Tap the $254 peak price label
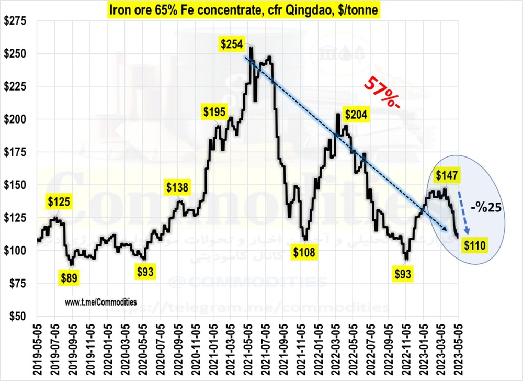click(x=231, y=45)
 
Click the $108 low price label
click(x=304, y=253)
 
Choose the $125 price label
click(x=59, y=200)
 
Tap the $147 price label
click(x=446, y=175)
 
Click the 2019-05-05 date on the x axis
click(x=37, y=349)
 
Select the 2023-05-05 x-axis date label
click(x=459, y=349)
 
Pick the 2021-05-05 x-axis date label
click(x=248, y=349)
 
